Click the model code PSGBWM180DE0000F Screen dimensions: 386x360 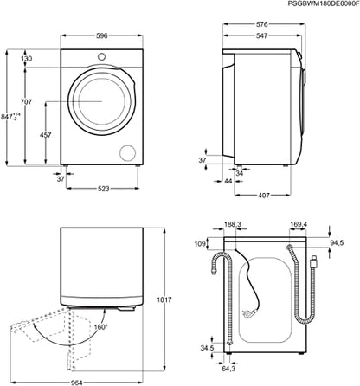tap(311, 5)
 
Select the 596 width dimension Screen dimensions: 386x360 tap(103, 36)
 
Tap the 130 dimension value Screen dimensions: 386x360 tap(27, 59)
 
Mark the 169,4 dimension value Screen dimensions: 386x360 tap(299, 223)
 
